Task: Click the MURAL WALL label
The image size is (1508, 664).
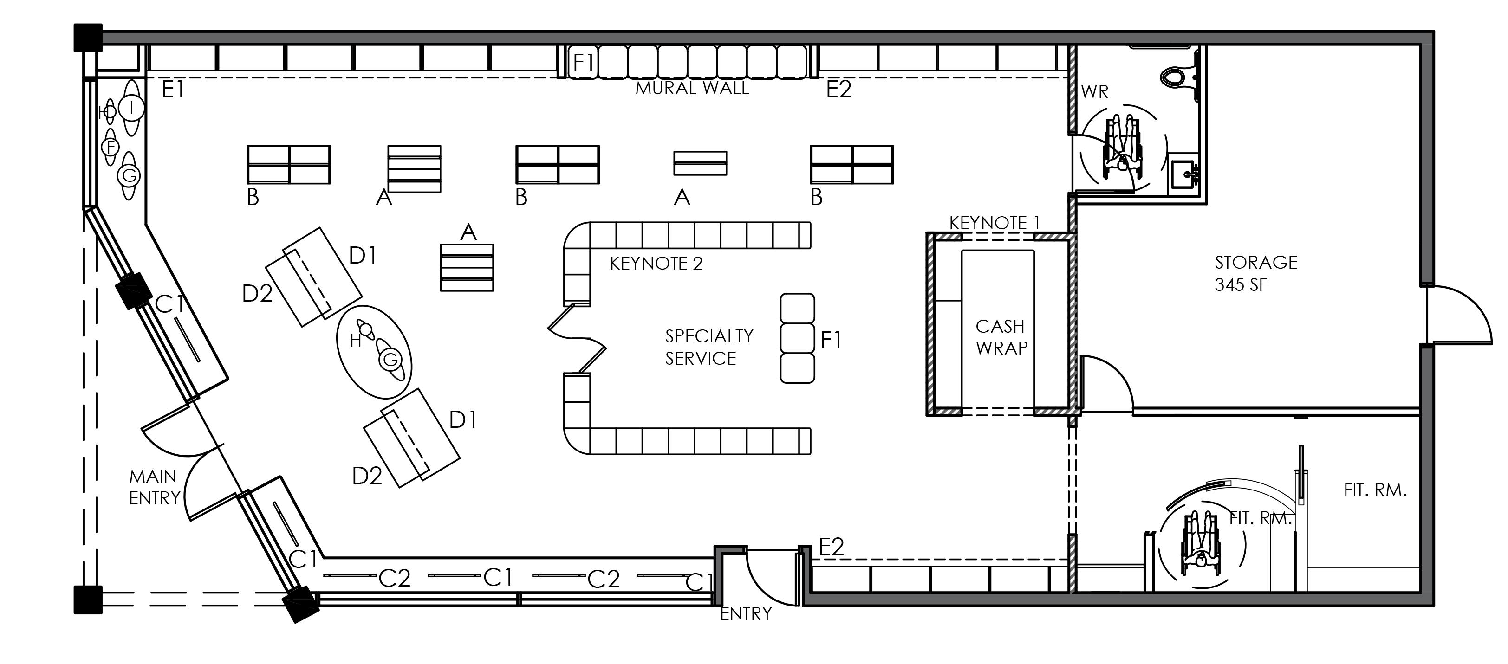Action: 692,88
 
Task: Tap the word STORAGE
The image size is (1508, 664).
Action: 1256,262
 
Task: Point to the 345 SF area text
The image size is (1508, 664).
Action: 1241,285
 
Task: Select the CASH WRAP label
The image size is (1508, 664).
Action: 1001,337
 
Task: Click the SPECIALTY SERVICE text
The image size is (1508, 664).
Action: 708,347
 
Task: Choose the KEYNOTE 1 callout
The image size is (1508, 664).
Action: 994,223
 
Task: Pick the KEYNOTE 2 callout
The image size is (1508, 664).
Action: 656,264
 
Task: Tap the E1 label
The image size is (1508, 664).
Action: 173,90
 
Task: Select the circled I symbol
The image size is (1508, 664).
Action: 132,108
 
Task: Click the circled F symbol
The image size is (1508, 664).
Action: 110,147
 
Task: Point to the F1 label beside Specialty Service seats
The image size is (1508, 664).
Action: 831,340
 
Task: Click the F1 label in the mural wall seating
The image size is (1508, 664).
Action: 583,62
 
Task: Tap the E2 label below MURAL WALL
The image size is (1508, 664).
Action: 838,90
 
